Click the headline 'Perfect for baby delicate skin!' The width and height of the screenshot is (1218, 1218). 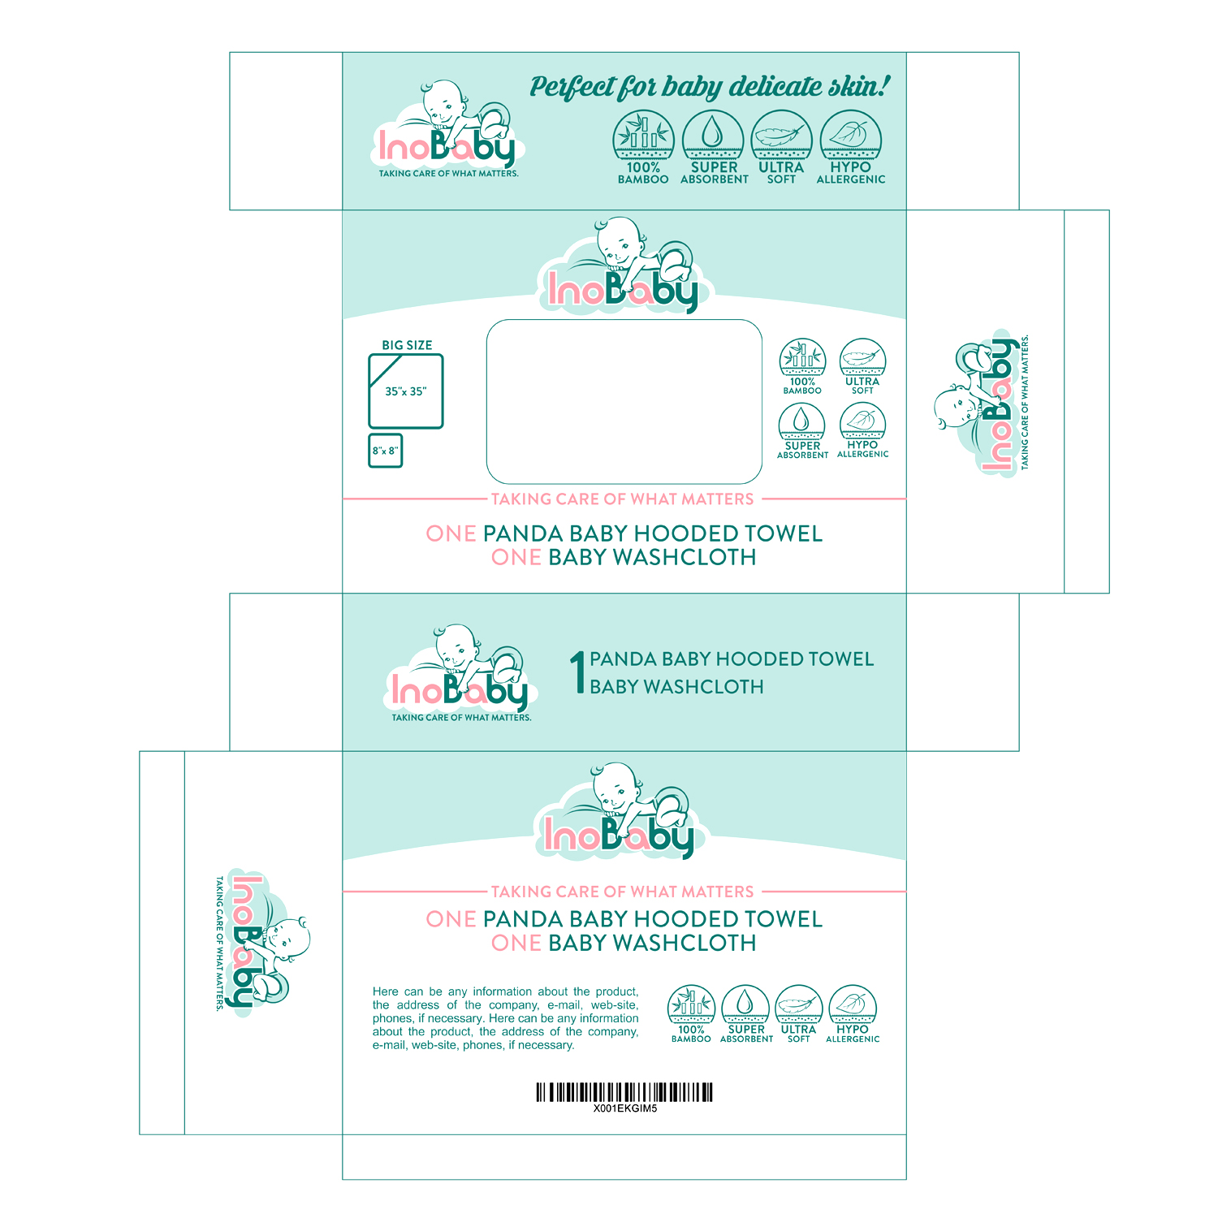[710, 87]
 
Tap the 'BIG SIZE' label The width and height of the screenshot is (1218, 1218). [407, 345]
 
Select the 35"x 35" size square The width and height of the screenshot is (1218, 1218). [406, 391]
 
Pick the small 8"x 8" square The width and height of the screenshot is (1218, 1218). [386, 451]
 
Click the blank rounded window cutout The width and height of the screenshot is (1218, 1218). [624, 402]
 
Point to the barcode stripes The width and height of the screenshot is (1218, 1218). [624, 1091]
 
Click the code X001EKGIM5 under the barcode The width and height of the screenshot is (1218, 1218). [624, 1108]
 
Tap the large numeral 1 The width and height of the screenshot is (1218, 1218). [577, 672]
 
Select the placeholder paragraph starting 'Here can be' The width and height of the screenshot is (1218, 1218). [505, 1018]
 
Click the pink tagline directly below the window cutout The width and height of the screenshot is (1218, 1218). [623, 499]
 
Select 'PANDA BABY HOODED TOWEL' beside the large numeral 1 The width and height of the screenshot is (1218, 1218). [732, 659]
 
